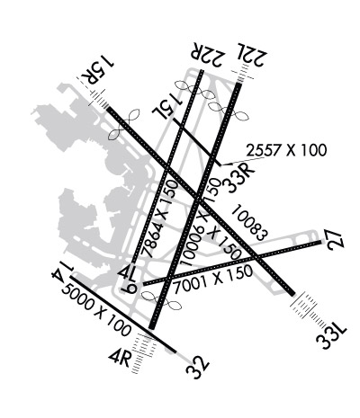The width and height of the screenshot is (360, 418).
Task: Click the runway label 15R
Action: click(x=97, y=71)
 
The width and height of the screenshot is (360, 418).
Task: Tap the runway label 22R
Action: click(x=208, y=54)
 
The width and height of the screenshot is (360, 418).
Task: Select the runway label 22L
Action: click(x=252, y=55)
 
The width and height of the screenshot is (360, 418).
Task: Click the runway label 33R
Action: click(x=239, y=179)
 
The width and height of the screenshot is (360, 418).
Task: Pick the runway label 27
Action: click(x=336, y=240)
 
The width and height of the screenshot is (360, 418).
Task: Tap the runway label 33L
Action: click(x=332, y=337)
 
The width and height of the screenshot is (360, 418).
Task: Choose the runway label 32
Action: click(x=197, y=368)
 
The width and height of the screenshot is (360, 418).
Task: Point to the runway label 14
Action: click(x=62, y=271)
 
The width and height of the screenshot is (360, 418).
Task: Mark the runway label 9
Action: click(x=129, y=289)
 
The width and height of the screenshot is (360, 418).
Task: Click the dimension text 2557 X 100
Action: click(x=286, y=150)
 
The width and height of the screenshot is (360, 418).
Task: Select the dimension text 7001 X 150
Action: click(x=213, y=280)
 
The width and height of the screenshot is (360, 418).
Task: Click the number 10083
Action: click(x=249, y=222)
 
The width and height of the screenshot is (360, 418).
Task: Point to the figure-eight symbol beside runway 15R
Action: click(x=124, y=124)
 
